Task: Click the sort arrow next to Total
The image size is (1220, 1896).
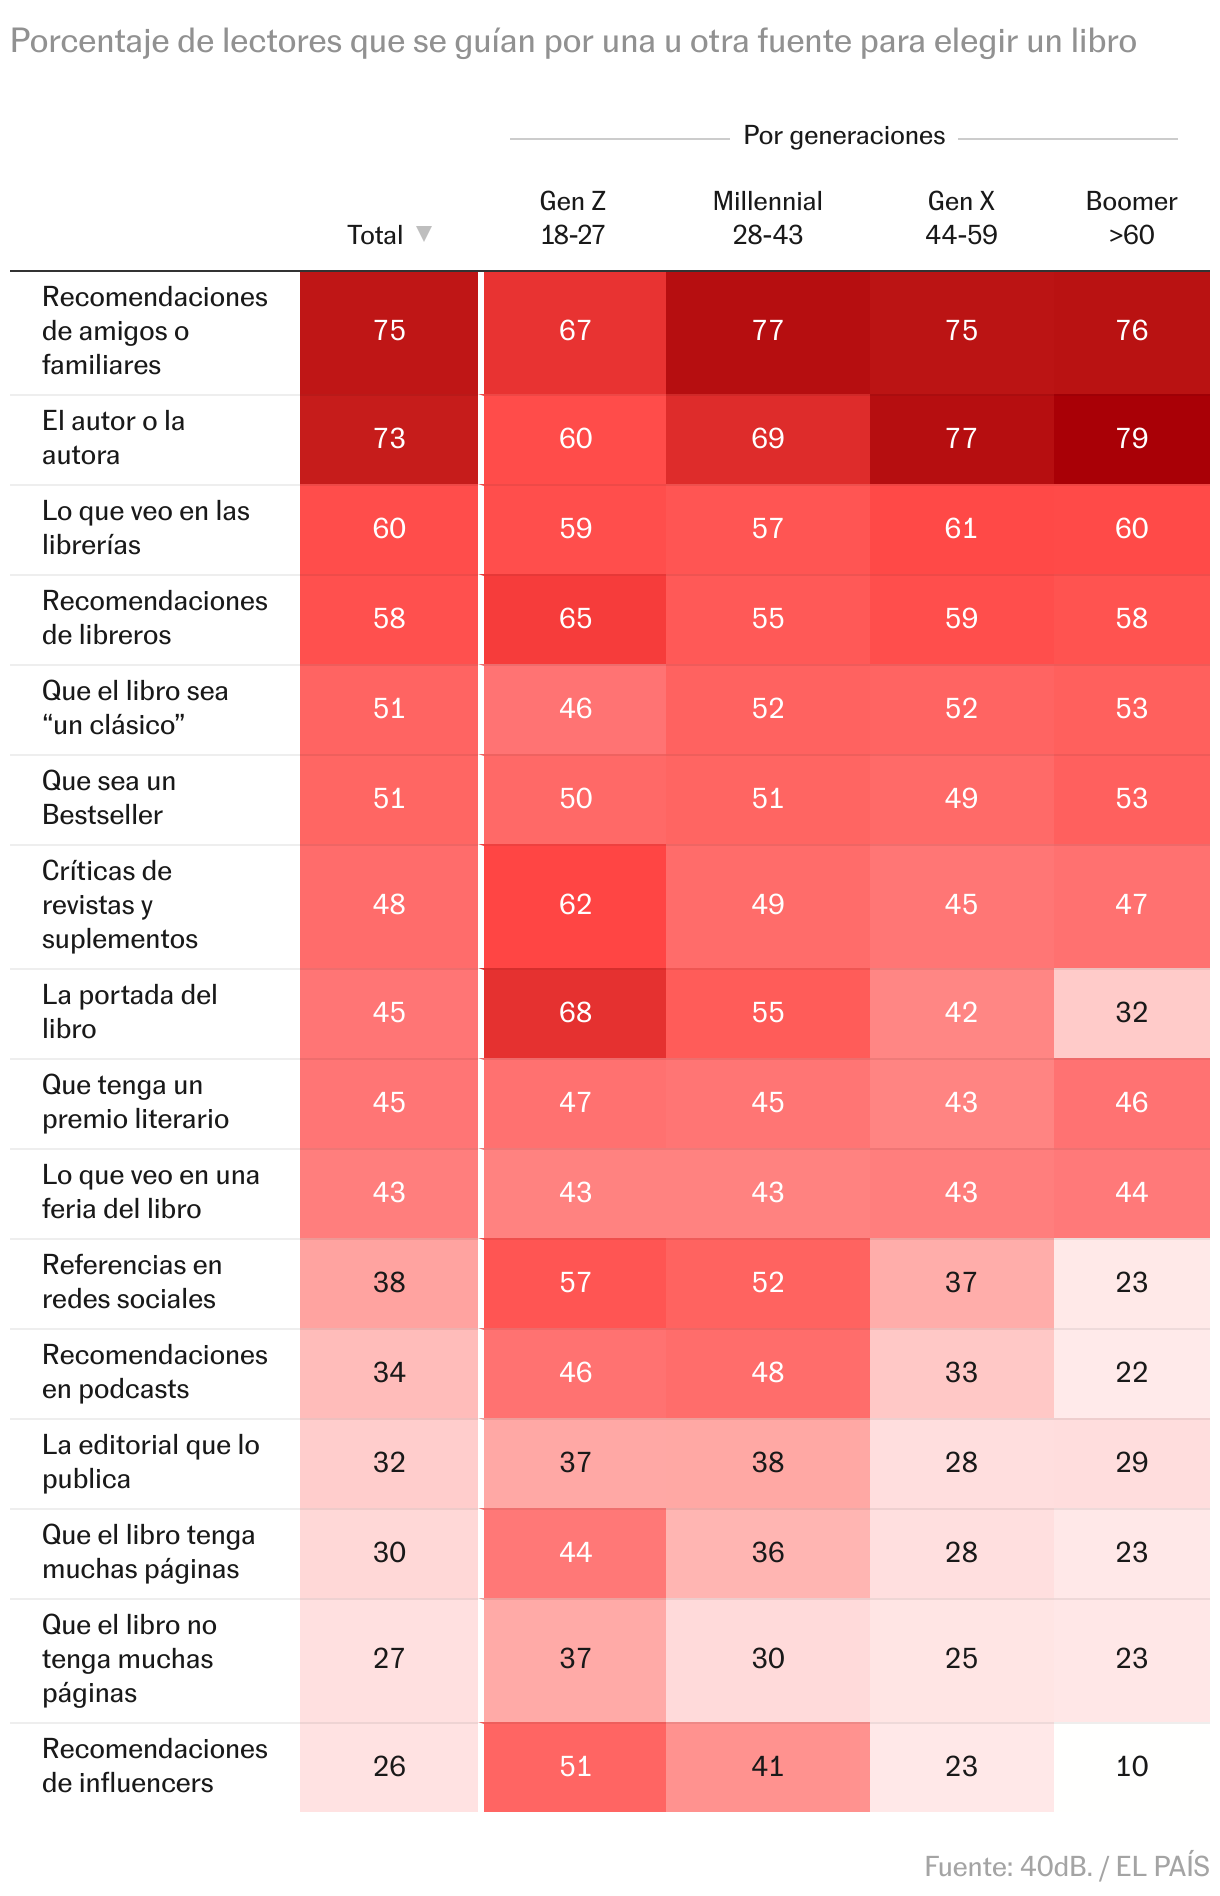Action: tap(424, 234)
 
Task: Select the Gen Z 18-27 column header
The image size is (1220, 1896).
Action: tap(573, 218)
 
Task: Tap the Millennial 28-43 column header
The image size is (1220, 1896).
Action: tap(767, 218)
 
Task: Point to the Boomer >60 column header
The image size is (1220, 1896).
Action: tap(1131, 218)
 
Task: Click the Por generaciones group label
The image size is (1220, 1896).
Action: tap(844, 136)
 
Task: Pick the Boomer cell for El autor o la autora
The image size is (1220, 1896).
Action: tap(1131, 438)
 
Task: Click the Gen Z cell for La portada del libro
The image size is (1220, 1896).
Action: tap(575, 1012)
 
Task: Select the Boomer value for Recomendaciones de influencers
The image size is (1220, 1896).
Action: tap(1131, 1766)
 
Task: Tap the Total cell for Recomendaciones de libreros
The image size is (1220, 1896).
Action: tap(389, 618)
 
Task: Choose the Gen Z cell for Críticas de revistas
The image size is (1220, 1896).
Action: tap(575, 904)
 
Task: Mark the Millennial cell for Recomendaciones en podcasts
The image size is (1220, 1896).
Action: tap(767, 1372)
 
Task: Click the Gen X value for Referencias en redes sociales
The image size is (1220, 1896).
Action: tap(961, 1282)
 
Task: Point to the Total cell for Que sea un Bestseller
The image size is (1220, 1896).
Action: tap(389, 798)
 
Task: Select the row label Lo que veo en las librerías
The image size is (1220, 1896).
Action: tap(146, 528)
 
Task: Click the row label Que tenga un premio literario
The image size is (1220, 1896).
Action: tap(135, 1102)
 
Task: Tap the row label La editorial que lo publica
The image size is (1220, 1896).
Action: tap(150, 1462)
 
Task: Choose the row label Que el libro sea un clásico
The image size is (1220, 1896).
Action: tap(135, 708)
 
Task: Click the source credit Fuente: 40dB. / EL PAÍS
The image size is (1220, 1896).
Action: tap(1066, 1866)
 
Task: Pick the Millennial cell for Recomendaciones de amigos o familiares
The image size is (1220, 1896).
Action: tap(767, 330)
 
